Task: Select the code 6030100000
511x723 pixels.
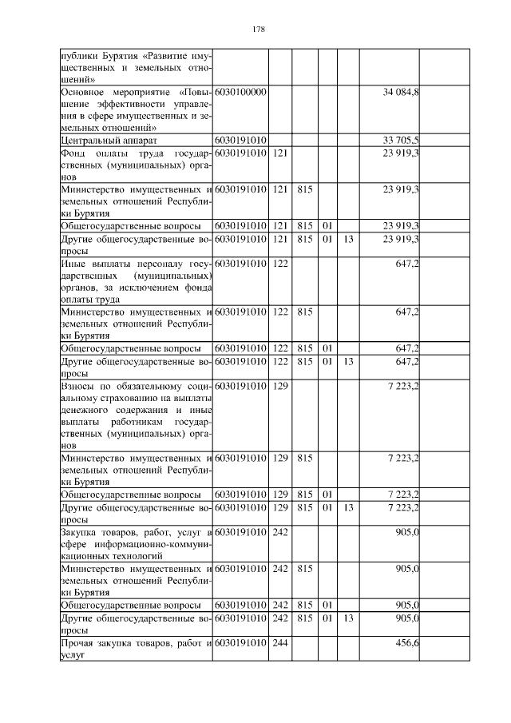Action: click(240, 93)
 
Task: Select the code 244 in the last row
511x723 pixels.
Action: click(279, 644)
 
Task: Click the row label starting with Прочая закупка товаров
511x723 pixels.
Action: click(136, 650)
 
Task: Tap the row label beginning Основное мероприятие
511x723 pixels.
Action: click(136, 110)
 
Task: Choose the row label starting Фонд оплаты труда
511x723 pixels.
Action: click(136, 164)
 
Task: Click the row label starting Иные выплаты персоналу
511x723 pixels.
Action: click(136, 280)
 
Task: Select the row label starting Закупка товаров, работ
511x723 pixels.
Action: click(136, 543)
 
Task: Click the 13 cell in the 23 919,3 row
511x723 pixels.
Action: click(347, 239)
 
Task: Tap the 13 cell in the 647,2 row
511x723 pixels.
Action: click(347, 361)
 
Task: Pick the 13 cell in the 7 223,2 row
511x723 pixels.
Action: click(347, 507)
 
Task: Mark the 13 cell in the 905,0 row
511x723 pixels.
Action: click(347, 618)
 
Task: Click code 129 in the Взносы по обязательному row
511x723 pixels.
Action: click(279, 386)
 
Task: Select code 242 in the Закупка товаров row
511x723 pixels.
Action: click(279, 532)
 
